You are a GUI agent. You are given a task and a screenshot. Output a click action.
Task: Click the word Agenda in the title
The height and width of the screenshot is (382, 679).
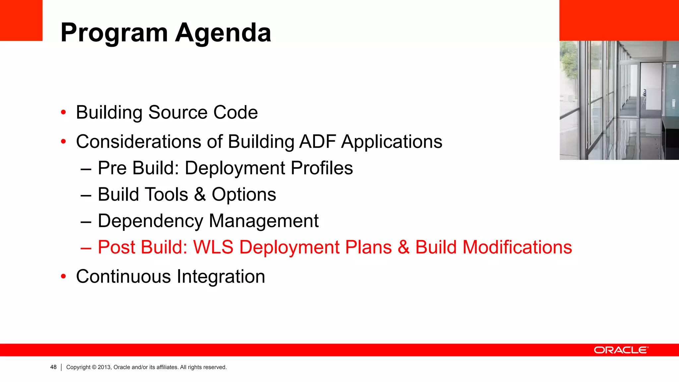pyautogui.click(x=223, y=33)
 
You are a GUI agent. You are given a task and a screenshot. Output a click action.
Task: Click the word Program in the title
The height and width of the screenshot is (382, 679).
pyautogui.click(x=114, y=33)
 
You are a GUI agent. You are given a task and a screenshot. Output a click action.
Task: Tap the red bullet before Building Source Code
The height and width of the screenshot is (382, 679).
pyautogui.click(x=63, y=112)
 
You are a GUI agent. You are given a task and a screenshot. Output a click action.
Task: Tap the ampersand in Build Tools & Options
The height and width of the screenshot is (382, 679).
pyautogui.click(x=200, y=194)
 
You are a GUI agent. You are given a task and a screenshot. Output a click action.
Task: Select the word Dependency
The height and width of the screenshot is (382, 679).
pyautogui.click(x=150, y=221)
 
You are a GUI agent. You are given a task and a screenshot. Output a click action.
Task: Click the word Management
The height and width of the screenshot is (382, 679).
pyautogui.click(x=264, y=221)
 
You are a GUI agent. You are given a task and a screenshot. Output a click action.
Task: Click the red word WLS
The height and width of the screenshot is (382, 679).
pyautogui.click(x=213, y=247)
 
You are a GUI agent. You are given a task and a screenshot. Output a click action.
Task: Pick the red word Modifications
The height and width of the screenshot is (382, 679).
pyautogui.click(x=517, y=247)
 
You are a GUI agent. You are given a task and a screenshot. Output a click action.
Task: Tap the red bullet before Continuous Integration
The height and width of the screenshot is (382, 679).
pyautogui.click(x=63, y=277)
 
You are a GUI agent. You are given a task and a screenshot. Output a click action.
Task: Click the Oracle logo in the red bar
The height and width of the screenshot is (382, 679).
pyautogui.click(x=621, y=350)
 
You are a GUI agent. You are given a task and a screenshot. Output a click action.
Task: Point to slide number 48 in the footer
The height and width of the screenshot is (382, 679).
pyautogui.click(x=53, y=367)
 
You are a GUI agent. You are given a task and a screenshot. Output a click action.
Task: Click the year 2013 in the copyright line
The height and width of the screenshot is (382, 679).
pyautogui.click(x=104, y=367)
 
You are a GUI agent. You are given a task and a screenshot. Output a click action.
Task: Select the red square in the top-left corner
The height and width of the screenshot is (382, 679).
pyautogui.click(x=21, y=20)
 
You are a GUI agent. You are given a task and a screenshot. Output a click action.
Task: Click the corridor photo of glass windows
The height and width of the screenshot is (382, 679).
pyautogui.click(x=619, y=100)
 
